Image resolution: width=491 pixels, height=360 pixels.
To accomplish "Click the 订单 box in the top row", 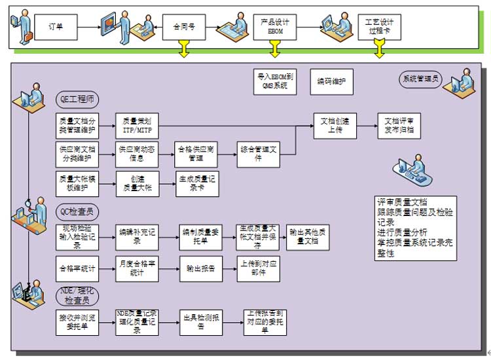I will pos(56,27).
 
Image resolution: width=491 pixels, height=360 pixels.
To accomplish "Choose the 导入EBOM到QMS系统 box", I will pos(276,81).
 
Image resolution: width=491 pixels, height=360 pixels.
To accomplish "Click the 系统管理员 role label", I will pos(420,80).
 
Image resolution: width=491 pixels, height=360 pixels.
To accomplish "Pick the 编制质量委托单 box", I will pos(200,235).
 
